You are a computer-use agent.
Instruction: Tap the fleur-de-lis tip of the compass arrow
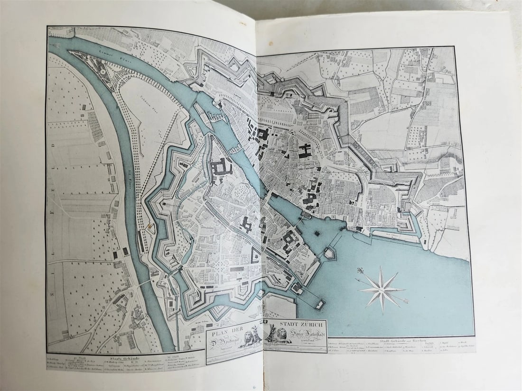pyautogui.click(x=360, y=271)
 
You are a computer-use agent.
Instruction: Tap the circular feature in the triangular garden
pyautogui.click(x=102, y=70)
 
